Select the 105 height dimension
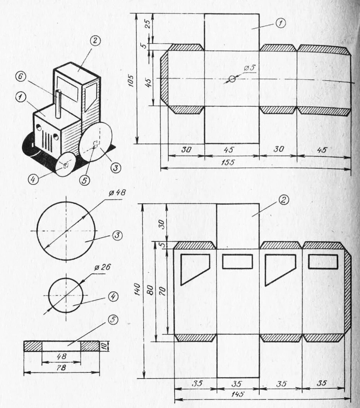(132, 80)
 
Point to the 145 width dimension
(238, 394)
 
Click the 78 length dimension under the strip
(61, 369)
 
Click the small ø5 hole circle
(232, 79)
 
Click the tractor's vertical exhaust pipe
(58, 103)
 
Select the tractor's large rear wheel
(96, 142)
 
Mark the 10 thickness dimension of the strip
(104, 346)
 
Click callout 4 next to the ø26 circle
(113, 297)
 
